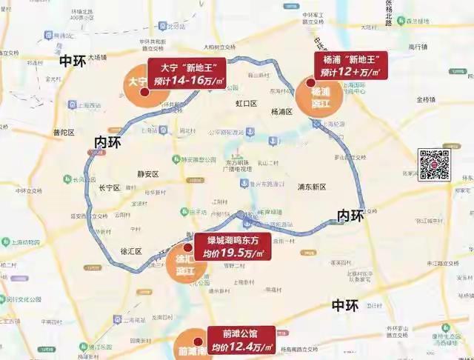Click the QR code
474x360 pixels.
tap(435, 164)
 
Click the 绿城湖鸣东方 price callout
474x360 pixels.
tap(233, 247)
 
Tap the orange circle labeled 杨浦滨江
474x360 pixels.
tap(319, 94)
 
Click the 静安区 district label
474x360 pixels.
tap(149, 173)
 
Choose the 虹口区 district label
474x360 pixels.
tap(245, 104)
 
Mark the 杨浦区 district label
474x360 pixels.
tap(281, 112)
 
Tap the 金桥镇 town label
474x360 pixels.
tap(427, 99)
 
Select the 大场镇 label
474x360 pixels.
tap(97, 56)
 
